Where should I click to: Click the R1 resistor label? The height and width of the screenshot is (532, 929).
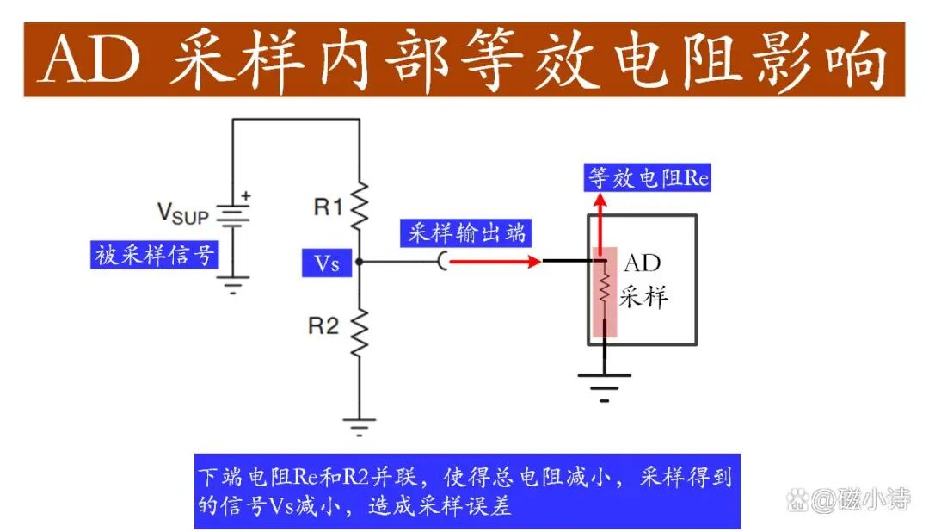(328, 207)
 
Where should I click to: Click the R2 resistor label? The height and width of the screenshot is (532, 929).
(325, 325)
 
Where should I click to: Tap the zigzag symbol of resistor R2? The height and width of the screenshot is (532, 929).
(360, 334)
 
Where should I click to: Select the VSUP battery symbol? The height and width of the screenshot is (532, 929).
(232, 214)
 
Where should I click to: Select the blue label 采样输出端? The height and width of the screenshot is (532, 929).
(467, 233)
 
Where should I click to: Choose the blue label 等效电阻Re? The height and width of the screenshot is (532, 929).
(648, 178)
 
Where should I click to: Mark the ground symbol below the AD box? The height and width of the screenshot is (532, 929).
(605, 384)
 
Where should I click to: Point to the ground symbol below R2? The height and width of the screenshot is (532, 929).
(360, 424)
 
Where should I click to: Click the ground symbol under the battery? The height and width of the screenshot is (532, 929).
(232, 283)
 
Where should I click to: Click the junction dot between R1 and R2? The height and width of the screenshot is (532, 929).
(360, 261)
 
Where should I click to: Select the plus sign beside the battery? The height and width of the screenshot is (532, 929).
(246, 196)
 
